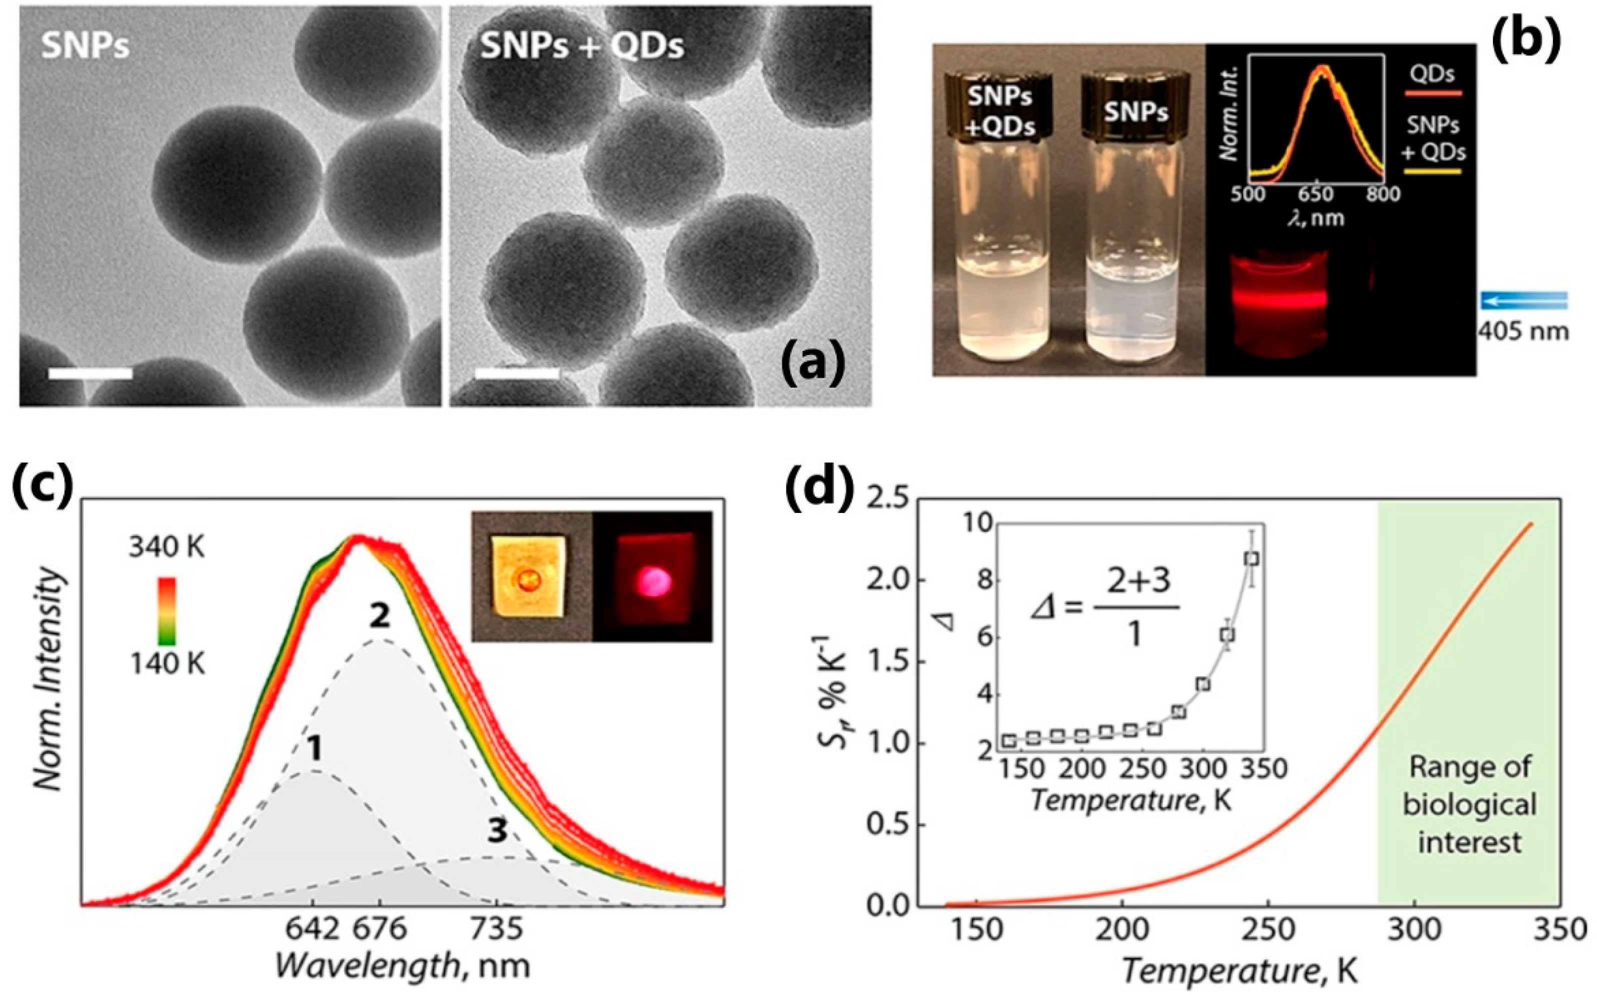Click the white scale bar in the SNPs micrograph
point(90,373)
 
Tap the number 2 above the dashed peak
point(380,617)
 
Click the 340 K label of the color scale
point(167,547)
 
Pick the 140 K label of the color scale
point(167,664)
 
